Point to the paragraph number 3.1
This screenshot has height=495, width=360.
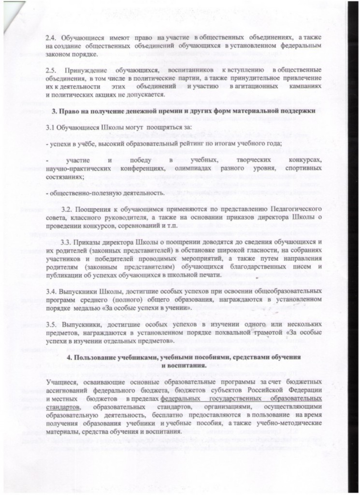[x=50, y=128]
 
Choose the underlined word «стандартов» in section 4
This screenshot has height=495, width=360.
[x=63, y=407]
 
